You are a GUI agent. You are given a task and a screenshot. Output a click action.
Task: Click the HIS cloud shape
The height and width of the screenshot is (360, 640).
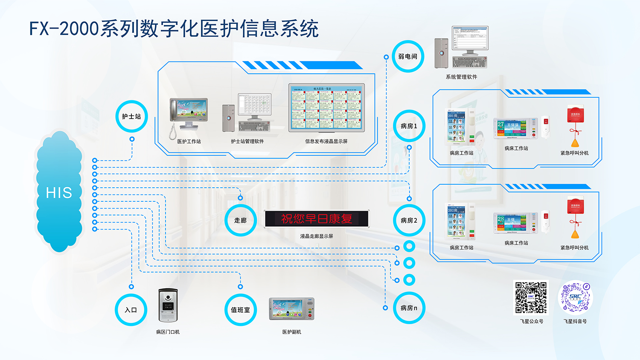(59, 192)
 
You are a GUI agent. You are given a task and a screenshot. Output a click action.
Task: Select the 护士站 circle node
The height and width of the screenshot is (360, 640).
(131, 116)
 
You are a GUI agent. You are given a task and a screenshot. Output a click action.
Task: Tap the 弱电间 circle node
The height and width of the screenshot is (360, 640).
(408, 56)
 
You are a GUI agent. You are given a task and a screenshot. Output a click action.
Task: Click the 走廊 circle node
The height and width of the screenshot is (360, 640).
(240, 221)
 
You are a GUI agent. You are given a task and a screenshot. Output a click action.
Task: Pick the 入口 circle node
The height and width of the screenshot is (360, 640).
(131, 310)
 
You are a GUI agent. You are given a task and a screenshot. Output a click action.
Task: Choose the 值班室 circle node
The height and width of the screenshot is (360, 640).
(240, 310)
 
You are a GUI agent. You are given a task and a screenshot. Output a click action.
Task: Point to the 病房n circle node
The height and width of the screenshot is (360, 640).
(409, 308)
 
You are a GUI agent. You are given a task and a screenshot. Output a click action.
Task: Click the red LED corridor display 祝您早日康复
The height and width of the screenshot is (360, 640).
(316, 219)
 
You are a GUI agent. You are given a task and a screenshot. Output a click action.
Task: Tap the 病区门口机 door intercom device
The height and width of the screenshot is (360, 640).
(168, 305)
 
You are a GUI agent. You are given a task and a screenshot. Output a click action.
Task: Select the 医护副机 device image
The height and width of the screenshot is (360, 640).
(292, 309)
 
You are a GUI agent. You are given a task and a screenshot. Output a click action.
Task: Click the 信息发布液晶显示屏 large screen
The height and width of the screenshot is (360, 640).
(326, 107)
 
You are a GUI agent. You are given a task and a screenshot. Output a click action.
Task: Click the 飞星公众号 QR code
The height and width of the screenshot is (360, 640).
(531, 297)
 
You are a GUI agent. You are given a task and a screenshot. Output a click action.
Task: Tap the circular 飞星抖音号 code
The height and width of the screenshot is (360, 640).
(575, 297)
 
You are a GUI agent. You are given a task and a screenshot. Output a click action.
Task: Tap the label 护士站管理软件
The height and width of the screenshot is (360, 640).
(247, 142)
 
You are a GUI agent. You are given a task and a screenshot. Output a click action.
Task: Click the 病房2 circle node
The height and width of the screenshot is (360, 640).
(409, 221)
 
